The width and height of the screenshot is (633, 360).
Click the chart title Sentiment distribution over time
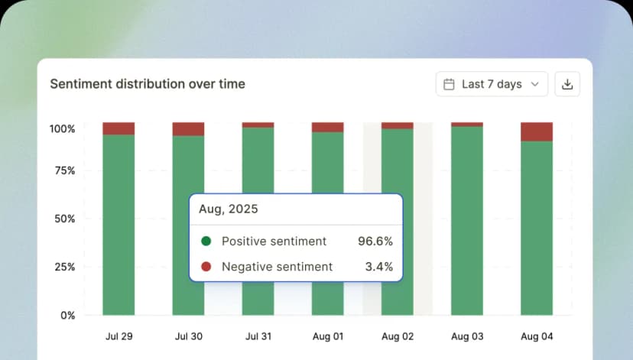coord(148,84)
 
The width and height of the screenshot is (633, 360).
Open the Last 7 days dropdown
coord(492,84)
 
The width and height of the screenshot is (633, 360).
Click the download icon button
coord(567,84)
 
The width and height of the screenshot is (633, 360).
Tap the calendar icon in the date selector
coord(450,84)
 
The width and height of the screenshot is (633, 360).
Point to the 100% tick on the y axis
coord(63,129)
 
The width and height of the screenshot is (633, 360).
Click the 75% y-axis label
coord(64,170)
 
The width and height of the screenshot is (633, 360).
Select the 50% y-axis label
coord(64,219)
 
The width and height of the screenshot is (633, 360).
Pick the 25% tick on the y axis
coord(64,267)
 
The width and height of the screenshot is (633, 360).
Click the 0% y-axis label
coord(67,315)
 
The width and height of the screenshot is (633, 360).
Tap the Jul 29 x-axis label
coord(118,336)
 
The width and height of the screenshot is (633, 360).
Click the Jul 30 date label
coord(188,336)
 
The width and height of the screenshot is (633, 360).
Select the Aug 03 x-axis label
coord(466,336)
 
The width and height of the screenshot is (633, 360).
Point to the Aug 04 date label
coord(537,336)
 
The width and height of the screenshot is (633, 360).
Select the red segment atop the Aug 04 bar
coord(537,131)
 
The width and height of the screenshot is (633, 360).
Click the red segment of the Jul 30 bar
coord(188,129)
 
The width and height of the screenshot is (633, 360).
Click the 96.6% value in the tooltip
coord(375,242)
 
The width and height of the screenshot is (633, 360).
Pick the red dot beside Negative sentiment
coord(206,267)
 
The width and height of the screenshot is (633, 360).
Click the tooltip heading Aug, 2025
coord(229,209)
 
